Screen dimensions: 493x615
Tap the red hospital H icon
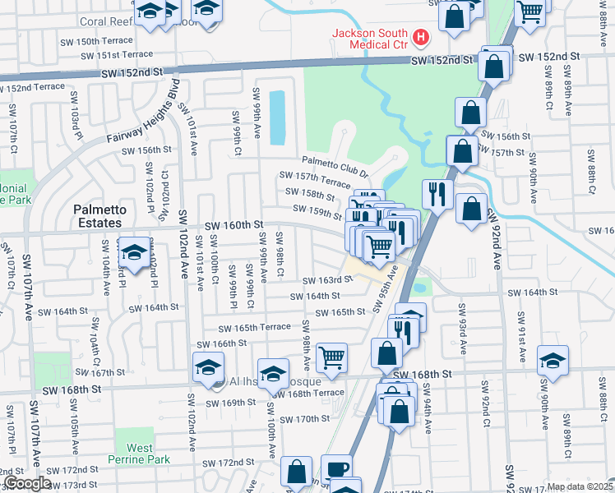(x=421, y=37)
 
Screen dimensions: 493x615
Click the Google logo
(x=27, y=484)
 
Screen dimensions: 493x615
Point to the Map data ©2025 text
(x=580, y=486)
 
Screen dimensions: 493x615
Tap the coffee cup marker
(x=335, y=468)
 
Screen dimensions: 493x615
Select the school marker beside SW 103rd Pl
(x=134, y=251)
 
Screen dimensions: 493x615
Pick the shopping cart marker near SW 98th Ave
(x=331, y=357)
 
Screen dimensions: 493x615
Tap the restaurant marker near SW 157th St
(x=437, y=194)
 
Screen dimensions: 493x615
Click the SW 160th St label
(x=234, y=224)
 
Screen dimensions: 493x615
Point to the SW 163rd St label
(x=326, y=280)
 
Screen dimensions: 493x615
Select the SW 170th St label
(x=304, y=419)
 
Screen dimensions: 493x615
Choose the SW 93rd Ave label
(x=462, y=328)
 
